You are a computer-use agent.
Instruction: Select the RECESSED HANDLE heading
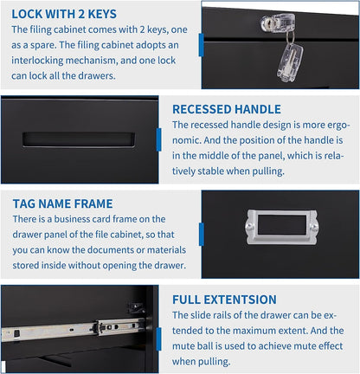pyautogui.click(x=227, y=109)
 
